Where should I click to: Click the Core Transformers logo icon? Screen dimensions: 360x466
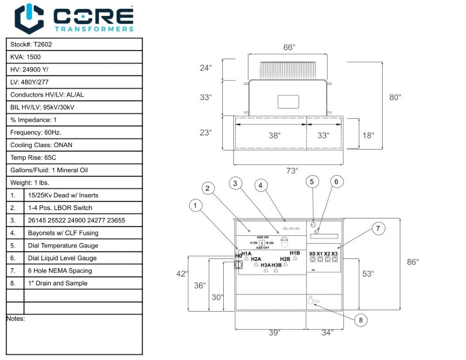click(x=29, y=19)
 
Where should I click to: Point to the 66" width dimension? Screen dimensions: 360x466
click(x=289, y=48)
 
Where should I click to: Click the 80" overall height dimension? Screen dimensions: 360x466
click(x=395, y=97)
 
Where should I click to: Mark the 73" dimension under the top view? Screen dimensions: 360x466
click(x=291, y=170)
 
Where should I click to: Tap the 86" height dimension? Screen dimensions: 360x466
click(x=412, y=262)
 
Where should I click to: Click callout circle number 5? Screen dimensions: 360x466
click(x=313, y=182)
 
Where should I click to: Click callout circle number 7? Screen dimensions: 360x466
click(x=378, y=228)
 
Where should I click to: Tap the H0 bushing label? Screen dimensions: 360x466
click(x=239, y=256)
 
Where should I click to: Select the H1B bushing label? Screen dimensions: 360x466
click(x=295, y=253)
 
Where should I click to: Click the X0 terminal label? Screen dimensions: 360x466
click(x=312, y=253)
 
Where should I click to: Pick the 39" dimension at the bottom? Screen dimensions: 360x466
click(x=274, y=333)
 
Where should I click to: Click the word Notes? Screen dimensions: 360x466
click(x=16, y=319)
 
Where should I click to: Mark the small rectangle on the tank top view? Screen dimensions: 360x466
click(x=288, y=102)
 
